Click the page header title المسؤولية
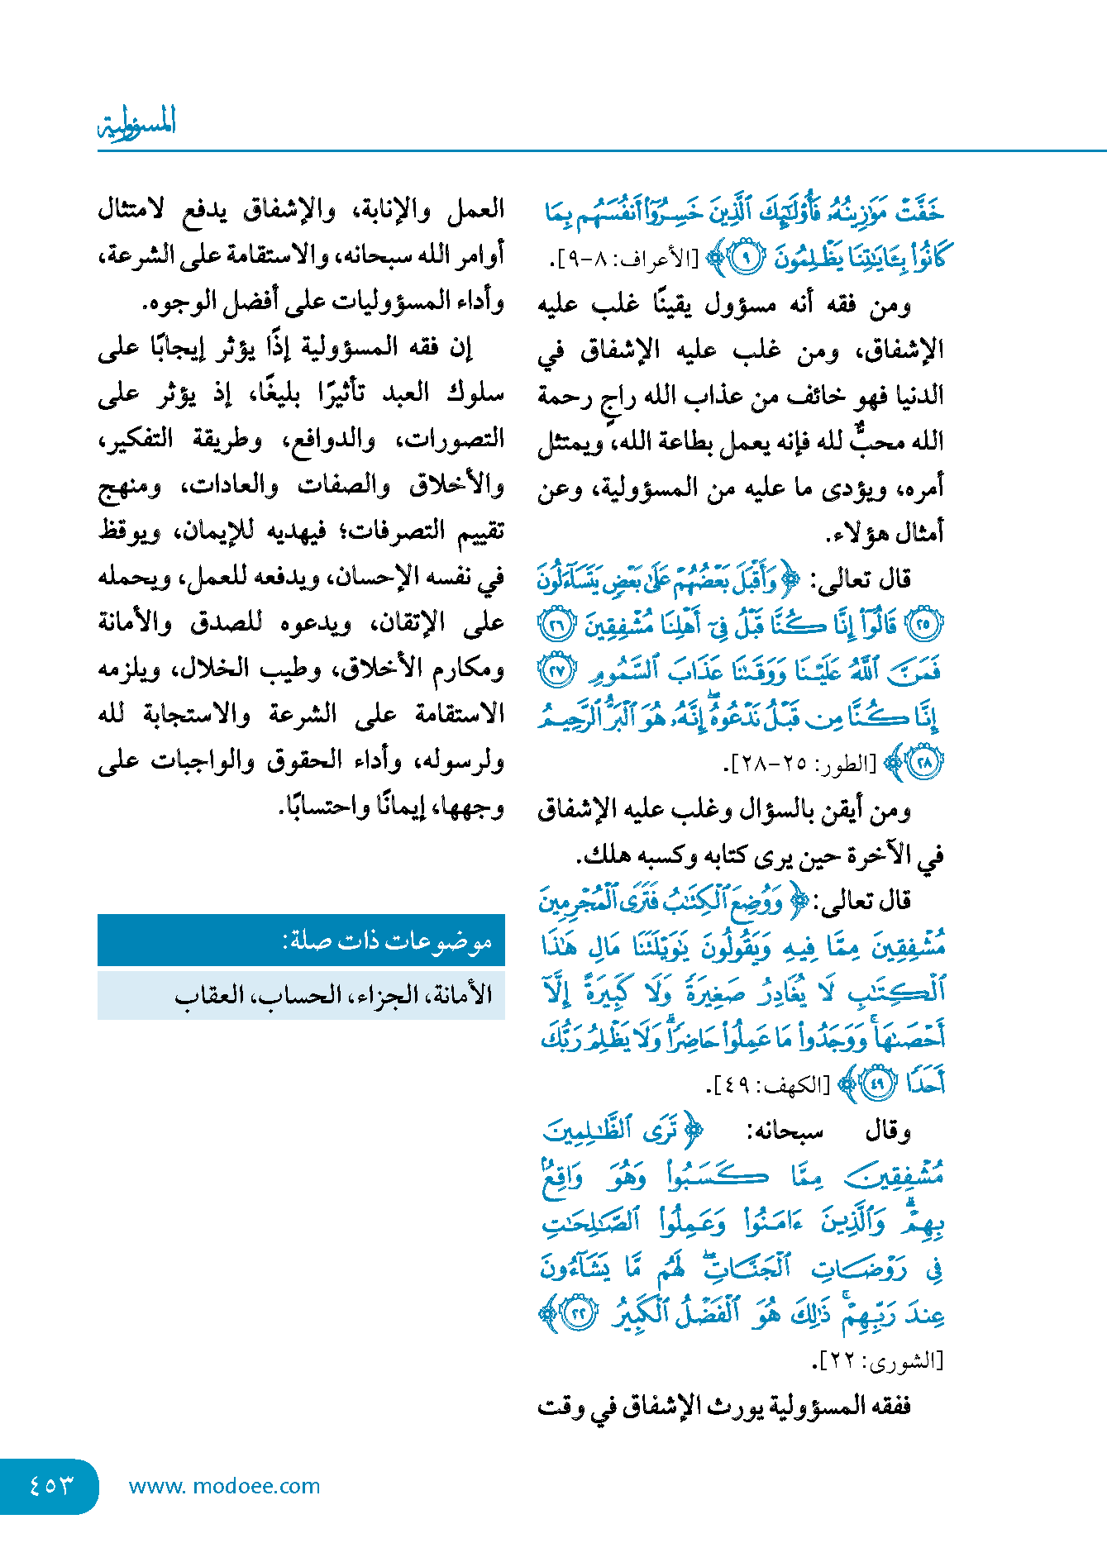click(x=137, y=123)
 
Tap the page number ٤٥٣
click(x=50, y=1485)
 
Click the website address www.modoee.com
click(x=224, y=1486)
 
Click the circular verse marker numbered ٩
click(x=746, y=259)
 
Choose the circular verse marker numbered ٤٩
click(x=878, y=1083)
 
